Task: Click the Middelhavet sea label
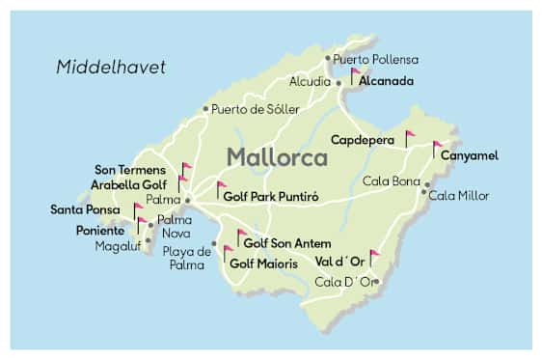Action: pyautogui.click(x=111, y=67)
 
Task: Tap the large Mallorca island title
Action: pyautogui.click(x=278, y=156)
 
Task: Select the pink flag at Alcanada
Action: pyautogui.click(x=356, y=74)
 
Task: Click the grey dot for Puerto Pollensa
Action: pyautogui.click(x=328, y=58)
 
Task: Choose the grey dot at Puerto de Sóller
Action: pyautogui.click(x=205, y=109)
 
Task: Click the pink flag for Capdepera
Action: pyautogui.click(x=409, y=137)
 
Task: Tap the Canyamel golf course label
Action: pyautogui.click(x=471, y=155)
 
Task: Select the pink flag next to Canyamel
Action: pyautogui.click(x=437, y=147)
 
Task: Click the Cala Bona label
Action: pyautogui.click(x=391, y=180)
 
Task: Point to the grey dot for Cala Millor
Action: pyautogui.click(x=424, y=191)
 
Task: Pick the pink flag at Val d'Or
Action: pyautogui.click(x=374, y=257)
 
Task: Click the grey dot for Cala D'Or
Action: pyautogui.click(x=377, y=282)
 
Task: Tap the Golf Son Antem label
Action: pyautogui.click(x=285, y=243)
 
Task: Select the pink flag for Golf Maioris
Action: pyautogui.click(x=228, y=253)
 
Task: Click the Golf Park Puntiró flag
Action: pyautogui.click(x=221, y=187)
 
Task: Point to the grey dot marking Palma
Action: pyautogui.click(x=188, y=201)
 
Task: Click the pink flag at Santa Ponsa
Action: pyautogui.click(x=138, y=209)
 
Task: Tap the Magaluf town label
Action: pyautogui.click(x=118, y=246)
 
